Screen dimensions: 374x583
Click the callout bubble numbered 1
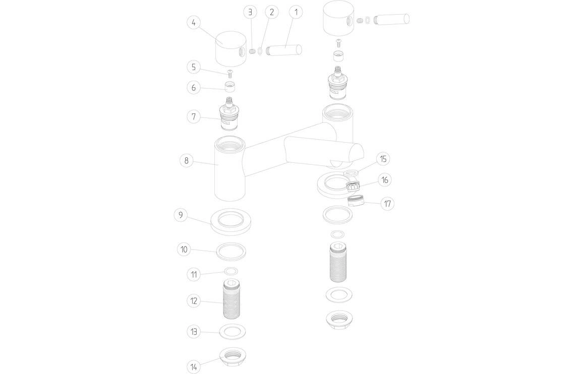296,12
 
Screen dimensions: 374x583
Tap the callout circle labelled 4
194,23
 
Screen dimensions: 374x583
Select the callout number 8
187,161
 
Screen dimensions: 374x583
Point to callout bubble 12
194,301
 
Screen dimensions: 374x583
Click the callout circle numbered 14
194,366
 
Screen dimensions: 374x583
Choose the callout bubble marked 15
383,159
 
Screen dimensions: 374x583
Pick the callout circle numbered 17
387,204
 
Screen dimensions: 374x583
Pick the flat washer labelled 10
231,250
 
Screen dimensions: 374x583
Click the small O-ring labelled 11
231,272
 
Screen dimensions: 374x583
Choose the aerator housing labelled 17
356,201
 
